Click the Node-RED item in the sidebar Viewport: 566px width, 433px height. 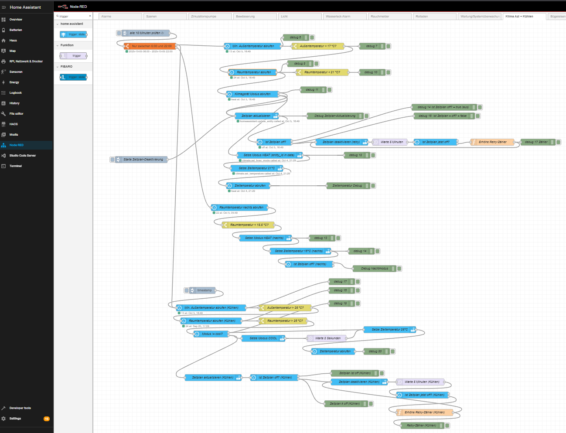(17, 145)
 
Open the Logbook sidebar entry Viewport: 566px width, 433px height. (15, 93)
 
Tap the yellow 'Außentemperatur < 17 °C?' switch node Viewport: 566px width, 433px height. (318, 46)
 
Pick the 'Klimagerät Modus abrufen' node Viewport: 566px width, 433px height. (252, 94)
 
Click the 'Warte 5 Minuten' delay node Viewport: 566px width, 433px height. (391, 142)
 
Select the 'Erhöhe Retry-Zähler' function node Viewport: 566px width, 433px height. (492, 142)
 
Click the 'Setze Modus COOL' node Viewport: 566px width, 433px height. (263, 338)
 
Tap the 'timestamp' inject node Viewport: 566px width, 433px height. (204, 290)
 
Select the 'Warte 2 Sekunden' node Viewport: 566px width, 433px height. (327, 338)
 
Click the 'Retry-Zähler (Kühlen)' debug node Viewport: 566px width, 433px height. (421, 426)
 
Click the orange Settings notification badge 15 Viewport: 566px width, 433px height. (47, 419)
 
